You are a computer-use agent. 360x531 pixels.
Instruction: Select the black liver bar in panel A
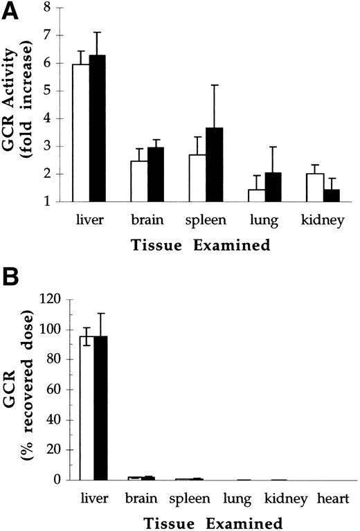(98, 128)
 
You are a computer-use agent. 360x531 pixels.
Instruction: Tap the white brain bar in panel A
(139, 181)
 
